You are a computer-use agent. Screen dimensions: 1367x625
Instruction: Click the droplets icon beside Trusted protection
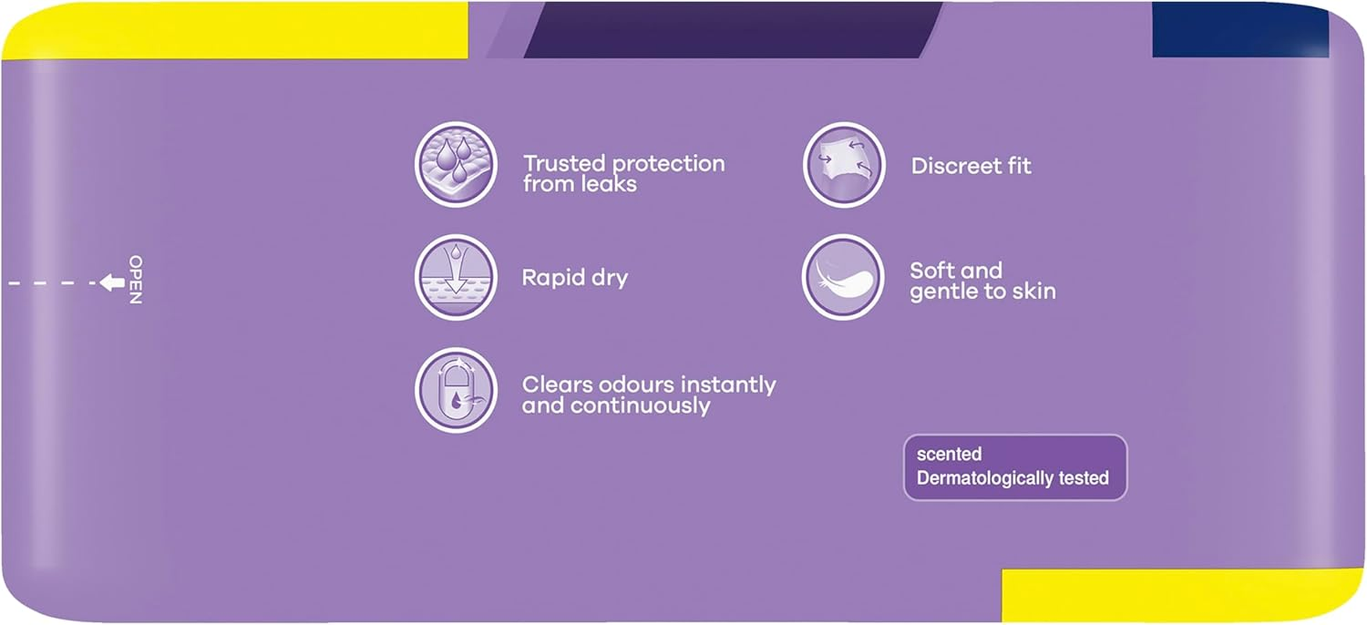(456, 164)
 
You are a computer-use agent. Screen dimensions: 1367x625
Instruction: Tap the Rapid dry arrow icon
(456, 277)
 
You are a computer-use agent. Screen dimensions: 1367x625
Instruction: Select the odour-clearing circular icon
(456, 390)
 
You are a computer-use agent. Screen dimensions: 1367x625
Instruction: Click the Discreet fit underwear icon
(843, 165)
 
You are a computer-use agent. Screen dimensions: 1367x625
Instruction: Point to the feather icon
(843, 277)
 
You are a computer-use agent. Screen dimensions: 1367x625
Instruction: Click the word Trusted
(564, 163)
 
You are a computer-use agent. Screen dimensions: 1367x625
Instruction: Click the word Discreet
(956, 166)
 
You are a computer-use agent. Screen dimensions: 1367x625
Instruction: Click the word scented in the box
(949, 454)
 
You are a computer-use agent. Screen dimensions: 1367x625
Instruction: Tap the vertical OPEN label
(135, 280)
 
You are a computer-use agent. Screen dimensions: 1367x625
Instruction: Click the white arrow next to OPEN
(113, 282)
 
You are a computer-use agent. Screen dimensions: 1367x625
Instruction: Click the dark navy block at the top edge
(1240, 29)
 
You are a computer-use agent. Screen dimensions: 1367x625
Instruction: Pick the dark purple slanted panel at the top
(733, 29)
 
